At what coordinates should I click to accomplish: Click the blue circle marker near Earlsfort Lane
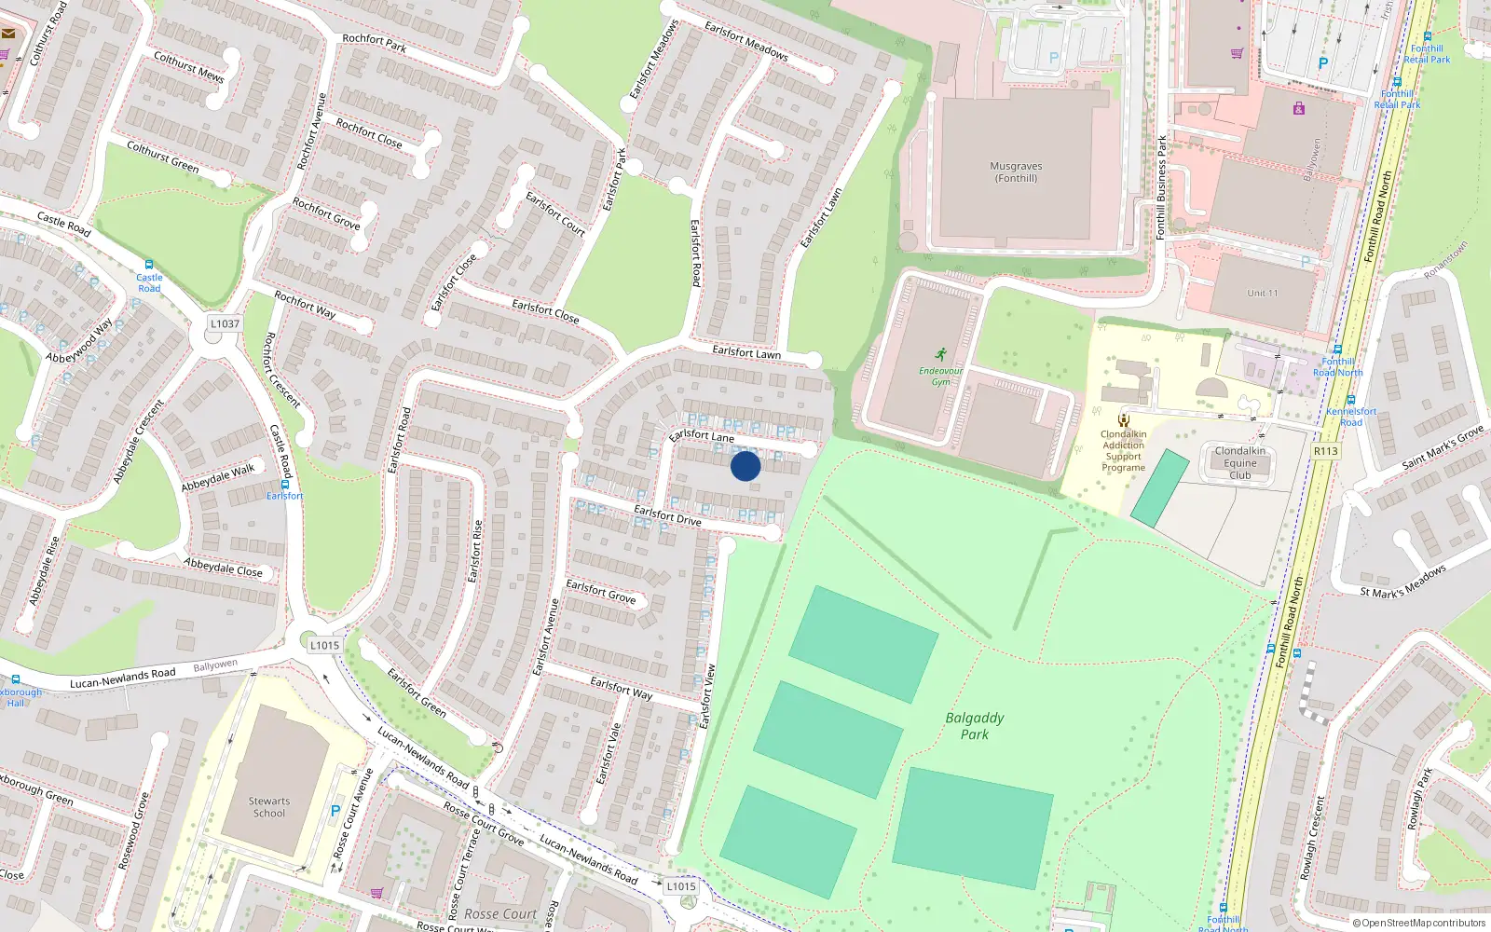[745, 465]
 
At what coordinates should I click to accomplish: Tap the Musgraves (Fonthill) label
[1016, 171]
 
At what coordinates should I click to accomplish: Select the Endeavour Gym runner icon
[941, 354]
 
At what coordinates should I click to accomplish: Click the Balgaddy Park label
[975, 726]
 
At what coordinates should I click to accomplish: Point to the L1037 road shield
[225, 323]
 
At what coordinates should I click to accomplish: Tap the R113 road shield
[1325, 451]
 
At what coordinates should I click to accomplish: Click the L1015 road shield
[681, 886]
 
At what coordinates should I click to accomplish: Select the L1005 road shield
[324, 645]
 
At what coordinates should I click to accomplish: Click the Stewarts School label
[269, 807]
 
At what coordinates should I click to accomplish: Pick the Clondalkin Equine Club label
[1240, 463]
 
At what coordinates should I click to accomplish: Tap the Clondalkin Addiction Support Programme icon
[1124, 419]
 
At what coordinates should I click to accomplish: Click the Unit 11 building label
[1263, 294]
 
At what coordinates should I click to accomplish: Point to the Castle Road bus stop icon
[149, 266]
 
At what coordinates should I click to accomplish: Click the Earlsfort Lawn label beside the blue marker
[746, 352]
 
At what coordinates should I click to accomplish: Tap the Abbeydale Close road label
[223, 567]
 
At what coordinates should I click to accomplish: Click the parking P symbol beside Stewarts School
[335, 811]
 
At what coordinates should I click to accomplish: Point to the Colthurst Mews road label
[189, 67]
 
